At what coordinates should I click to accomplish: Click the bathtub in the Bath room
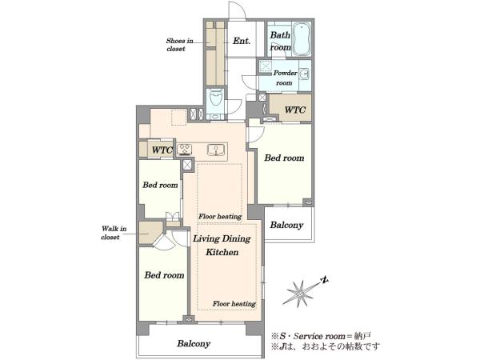[x=302, y=39]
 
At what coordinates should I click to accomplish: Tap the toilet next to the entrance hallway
[x=216, y=98]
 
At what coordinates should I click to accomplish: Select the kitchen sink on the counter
[x=215, y=150]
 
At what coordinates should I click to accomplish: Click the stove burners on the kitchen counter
[x=185, y=150]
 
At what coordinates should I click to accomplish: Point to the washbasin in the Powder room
[x=304, y=74]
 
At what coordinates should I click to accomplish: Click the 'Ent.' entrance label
[x=242, y=41]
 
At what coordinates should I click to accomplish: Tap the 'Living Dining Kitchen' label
[x=222, y=246]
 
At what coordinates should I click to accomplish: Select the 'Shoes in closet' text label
[x=180, y=45]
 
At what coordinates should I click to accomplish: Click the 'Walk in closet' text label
[x=114, y=233]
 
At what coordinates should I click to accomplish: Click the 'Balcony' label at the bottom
[x=194, y=343]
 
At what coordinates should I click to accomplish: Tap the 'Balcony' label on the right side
[x=286, y=225]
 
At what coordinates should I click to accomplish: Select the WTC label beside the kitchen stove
[x=162, y=150]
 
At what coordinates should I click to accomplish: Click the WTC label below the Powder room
[x=295, y=110]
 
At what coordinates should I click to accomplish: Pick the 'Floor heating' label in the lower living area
[x=234, y=304]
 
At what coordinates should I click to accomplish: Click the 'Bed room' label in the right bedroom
[x=284, y=158]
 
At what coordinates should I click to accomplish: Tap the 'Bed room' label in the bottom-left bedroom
[x=164, y=275]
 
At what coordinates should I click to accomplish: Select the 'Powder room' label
[x=285, y=78]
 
